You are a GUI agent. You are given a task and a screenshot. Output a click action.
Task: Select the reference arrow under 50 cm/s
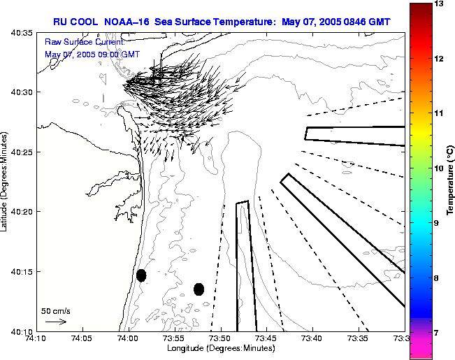(x=55, y=322)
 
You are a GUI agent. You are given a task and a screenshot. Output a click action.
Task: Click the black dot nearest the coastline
(x=141, y=275)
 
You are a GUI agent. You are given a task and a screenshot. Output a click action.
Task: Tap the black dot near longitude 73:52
(x=198, y=289)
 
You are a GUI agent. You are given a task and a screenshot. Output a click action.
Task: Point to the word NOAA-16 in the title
(x=133, y=21)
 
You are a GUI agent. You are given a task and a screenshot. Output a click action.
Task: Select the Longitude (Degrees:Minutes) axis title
(x=220, y=348)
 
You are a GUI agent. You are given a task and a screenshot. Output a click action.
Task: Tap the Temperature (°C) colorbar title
(x=452, y=180)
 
